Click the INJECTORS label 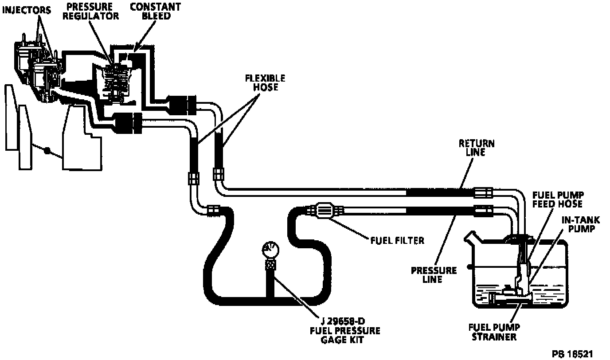(26, 9)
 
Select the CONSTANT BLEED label (149, 12)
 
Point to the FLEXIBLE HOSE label (266, 82)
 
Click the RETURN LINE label (477, 148)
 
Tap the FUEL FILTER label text (397, 240)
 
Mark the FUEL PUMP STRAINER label (494, 332)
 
